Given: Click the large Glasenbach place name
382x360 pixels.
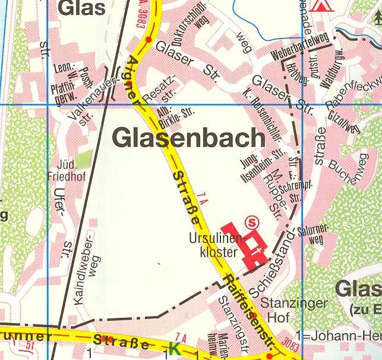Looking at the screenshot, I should (188, 138).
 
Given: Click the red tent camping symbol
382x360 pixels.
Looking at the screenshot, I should (321, 5).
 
